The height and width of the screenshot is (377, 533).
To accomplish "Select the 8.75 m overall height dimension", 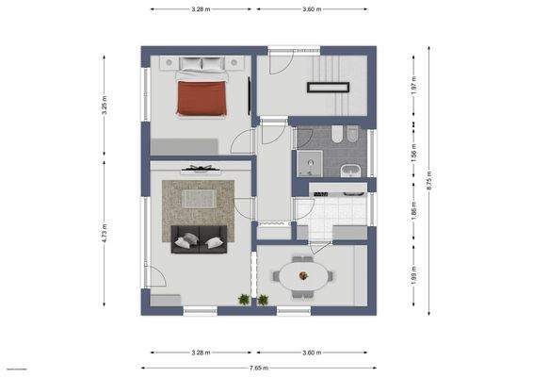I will [x=428, y=174].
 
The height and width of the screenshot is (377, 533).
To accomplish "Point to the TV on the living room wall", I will [x=199, y=168].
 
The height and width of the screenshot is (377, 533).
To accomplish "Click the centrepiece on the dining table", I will [x=303, y=275].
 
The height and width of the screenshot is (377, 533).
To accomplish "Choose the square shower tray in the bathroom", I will [x=308, y=167].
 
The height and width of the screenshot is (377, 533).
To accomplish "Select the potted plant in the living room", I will [x=244, y=300].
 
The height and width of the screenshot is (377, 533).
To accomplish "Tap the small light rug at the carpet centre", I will [x=198, y=199].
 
